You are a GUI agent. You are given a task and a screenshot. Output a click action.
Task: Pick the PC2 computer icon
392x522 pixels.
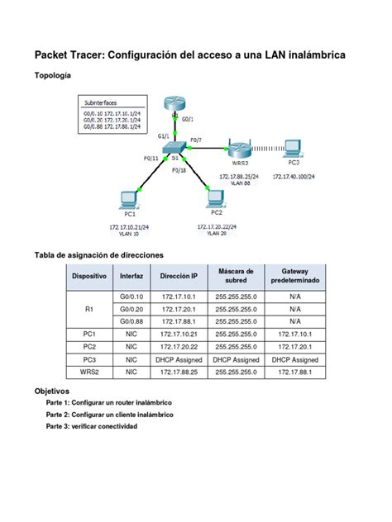(x=216, y=197)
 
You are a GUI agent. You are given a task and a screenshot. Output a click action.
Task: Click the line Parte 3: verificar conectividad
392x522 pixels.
(x=92, y=426)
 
